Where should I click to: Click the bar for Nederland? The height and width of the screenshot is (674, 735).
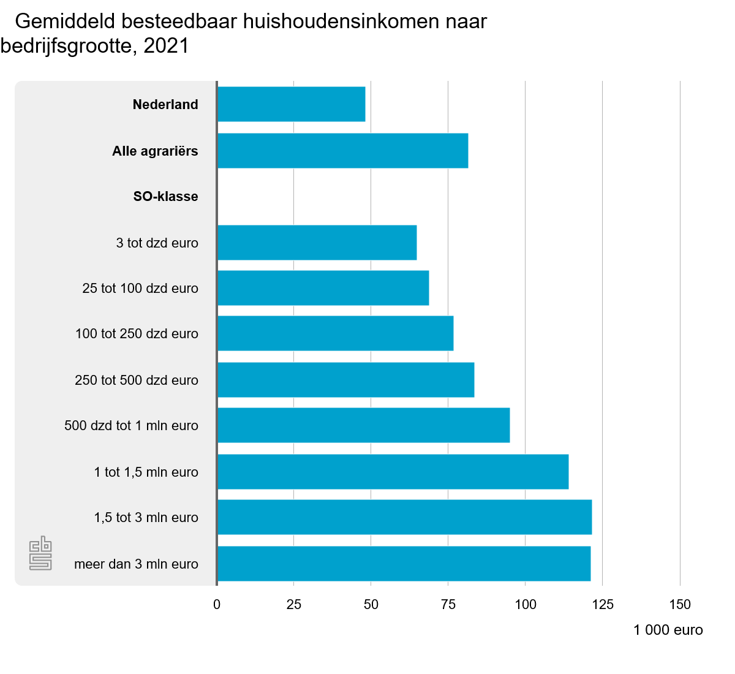pyautogui.click(x=292, y=104)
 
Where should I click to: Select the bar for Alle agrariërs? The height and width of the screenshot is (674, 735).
pyautogui.click(x=343, y=151)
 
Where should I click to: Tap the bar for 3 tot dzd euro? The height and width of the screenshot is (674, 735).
pyautogui.click(x=317, y=243)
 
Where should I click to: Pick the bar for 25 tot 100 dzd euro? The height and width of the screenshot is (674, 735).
pyautogui.click(x=323, y=288)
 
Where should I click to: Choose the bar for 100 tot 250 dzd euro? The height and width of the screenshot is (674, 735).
pyautogui.click(x=336, y=333)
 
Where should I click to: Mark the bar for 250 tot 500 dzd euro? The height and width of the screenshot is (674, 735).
pyautogui.click(x=346, y=380)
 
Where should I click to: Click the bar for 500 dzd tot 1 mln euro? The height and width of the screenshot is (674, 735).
pyautogui.click(x=364, y=425)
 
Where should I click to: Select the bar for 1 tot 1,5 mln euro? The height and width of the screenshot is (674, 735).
pyautogui.click(x=393, y=472)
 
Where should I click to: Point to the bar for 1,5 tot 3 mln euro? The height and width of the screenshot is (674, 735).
pyautogui.click(x=405, y=517)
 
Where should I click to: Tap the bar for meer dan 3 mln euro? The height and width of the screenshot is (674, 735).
pyautogui.click(x=404, y=564)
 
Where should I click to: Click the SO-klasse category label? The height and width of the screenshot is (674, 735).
pyautogui.click(x=165, y=197)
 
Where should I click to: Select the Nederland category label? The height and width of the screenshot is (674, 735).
pyautogui.click(x=165, y=105)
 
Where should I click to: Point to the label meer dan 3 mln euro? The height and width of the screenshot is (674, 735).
pyautogui.click(x=136, y=564)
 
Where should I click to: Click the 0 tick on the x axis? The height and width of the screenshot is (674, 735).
pyautogui.click(x=217, y=604)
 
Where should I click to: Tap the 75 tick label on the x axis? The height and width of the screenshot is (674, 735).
pyautogui.click(x=448, y=604)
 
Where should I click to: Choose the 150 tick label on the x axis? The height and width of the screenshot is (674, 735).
pyautogui.click(x=680, y=604)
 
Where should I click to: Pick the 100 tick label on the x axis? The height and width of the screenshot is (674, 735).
pyautogui.click(x=526, y=604)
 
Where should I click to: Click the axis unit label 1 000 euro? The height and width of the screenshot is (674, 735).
pyautogui.click(x=668, y=630)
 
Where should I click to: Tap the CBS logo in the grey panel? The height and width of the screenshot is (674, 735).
pyautogui.click(x=40, y=553)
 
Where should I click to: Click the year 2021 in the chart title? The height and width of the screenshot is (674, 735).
pyautogui.click(x=166, y=46)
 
